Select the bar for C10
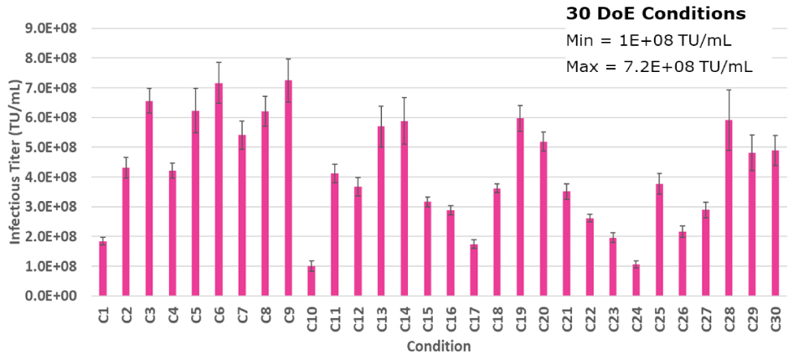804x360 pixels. click(x=312, y=281)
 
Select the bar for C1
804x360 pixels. click(x=103, y=269)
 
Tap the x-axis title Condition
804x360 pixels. click(x=438, y=347)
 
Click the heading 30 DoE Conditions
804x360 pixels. click(x=656, y=14)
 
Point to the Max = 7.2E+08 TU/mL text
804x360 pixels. click(x=659, y=66)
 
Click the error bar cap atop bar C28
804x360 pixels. click(x=729, y=90)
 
